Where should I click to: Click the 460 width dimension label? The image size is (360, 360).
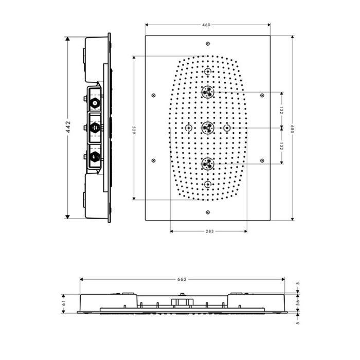[x=206, y=25]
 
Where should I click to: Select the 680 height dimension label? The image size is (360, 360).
[x=292, y=129]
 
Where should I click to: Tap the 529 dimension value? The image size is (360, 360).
[x=134, y=130]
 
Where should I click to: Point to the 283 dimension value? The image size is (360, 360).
[x=210, y=231]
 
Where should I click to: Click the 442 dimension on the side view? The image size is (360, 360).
[x=68, y=127]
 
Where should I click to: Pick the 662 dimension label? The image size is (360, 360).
[x=182, y=279]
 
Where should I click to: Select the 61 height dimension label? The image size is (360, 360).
[x=64, y=303]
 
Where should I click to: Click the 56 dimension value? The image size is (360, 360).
[x=298, y=302]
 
